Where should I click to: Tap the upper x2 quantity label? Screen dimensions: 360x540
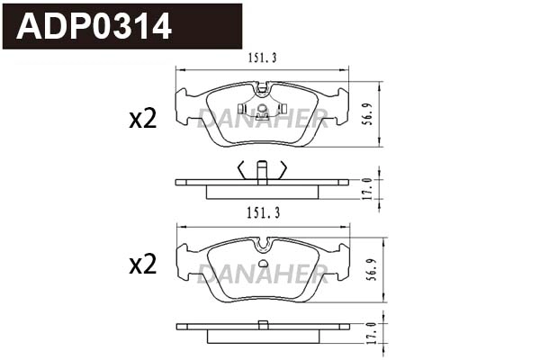(142, 119)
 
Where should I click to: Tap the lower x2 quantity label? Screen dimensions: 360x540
(142, 265)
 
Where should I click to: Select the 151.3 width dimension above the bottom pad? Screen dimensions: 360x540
(262, 212)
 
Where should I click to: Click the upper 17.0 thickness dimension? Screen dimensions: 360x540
(368, 187)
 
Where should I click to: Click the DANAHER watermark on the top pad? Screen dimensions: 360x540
(263, 116)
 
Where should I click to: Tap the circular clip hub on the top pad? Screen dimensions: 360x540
(262, 112)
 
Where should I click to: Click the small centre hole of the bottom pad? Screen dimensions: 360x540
(262, 264)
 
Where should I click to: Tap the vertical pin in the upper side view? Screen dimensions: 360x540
(262, 172)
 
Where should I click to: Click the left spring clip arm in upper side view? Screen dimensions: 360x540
(241, 168)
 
